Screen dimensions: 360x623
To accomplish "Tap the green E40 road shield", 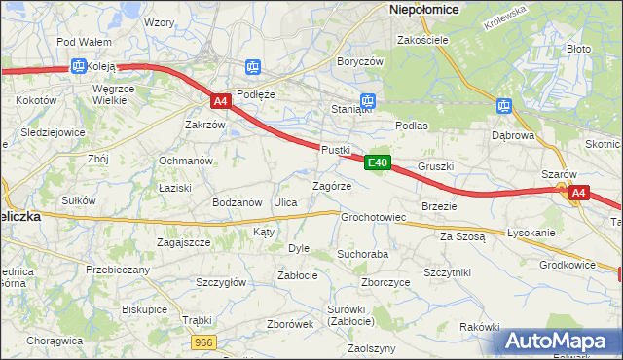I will click(379, 162).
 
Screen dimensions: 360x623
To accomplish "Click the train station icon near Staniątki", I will click(368, 100).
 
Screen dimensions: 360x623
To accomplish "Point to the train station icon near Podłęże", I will click(253, 66).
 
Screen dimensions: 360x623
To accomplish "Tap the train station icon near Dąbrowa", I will click(503, 106).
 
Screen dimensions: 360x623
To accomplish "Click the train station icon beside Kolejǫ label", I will click(78, 67).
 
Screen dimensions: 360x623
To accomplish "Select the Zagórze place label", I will click(331, 186).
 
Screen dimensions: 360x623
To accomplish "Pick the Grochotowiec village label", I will click(373, 217).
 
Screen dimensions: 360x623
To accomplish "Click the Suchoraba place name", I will click(363, 254).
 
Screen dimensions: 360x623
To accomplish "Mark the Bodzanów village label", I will click(238, 202).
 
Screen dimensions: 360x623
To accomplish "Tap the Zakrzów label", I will click(205, 126).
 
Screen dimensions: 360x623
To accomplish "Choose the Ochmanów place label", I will click(186, 161).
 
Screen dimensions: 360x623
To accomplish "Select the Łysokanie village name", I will click(531, 234).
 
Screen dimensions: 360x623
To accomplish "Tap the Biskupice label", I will click(144, 308).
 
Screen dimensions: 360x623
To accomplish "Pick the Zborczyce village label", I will click(385, 283).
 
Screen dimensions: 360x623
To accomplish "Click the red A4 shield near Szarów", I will click(578, 193).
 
